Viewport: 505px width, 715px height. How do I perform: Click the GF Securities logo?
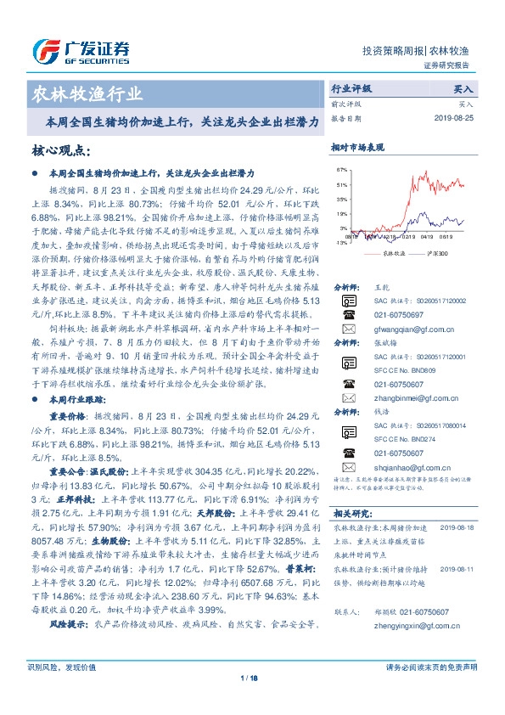pos(81,52)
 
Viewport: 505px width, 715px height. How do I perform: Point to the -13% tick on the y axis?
pos(341,242)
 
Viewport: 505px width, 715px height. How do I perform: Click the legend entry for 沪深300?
pos(424,253)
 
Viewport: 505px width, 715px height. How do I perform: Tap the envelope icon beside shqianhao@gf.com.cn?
pos(348,467)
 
